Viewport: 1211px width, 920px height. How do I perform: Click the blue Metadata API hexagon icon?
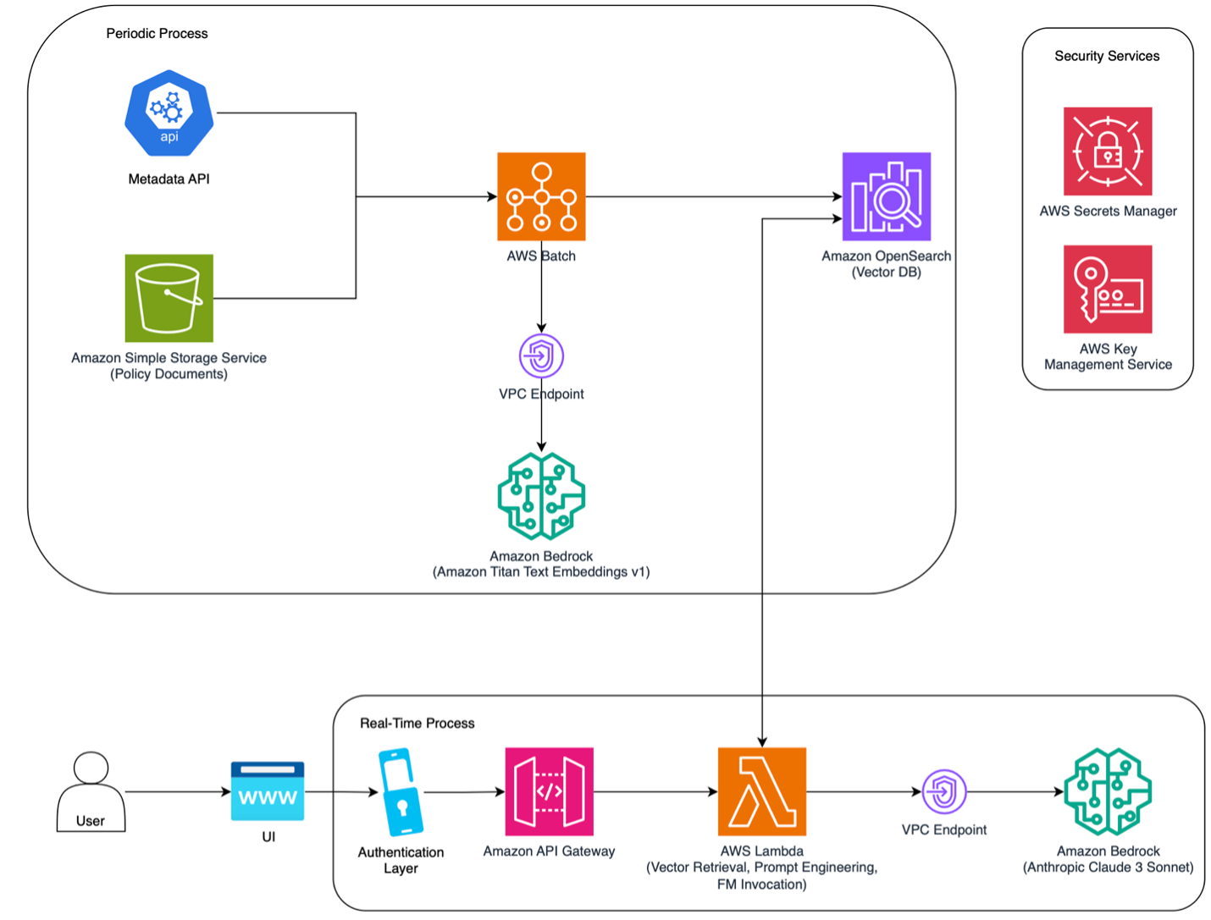pos(169,113)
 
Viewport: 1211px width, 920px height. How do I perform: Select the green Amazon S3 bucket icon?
pos(169,298)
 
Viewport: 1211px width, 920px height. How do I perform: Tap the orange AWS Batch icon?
pos(541,196)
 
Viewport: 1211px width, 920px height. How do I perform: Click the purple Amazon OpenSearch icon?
pos(887,196)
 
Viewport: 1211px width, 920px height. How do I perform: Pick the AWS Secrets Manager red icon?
pos(1108,151)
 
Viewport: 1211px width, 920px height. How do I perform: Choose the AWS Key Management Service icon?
pos(1108,289)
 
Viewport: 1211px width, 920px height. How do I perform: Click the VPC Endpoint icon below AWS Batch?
pos(541,355)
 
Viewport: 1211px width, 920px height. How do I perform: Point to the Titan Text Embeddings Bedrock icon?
pos(541,496)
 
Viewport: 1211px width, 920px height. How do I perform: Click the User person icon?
pos(91,791)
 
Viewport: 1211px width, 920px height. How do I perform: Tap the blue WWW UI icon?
pos(268,791)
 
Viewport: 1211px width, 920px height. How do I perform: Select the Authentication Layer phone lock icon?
pos(401,791)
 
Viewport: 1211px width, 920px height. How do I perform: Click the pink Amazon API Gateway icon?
pos(549,791)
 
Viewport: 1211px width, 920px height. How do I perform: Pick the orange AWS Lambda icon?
pos(762,791)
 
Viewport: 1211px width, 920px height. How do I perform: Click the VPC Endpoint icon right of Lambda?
pos(943,791)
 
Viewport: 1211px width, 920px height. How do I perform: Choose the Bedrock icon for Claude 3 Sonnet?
pos(1108,791)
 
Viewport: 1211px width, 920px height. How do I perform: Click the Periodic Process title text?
pos(157,34)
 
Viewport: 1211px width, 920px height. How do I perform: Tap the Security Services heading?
pos(1107,56)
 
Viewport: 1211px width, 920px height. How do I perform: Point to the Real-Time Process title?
pos(417,724)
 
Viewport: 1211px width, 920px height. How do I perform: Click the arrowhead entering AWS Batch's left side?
pos(492,196)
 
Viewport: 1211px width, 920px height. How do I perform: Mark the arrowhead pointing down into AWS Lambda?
pos(762,742)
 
